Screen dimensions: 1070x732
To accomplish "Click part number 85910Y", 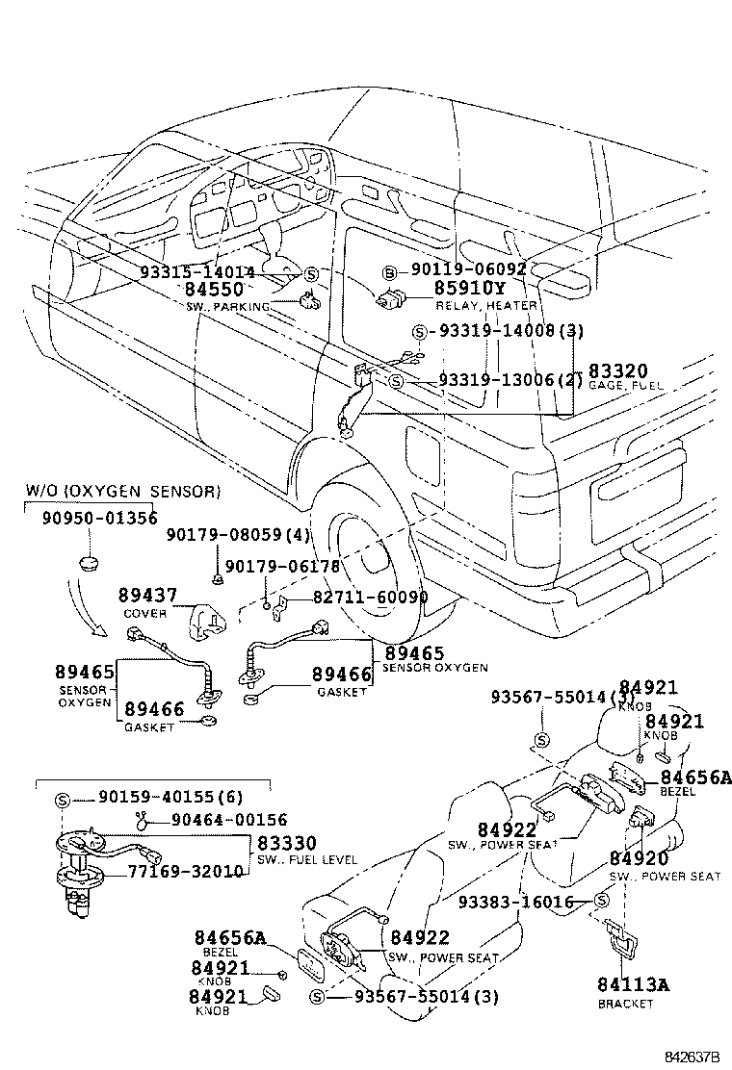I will pos(469,288).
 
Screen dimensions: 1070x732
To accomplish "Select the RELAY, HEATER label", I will pos(485,305).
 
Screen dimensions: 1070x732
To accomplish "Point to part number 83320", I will pos(617,369).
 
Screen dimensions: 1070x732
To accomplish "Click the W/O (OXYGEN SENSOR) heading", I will pos(122,492).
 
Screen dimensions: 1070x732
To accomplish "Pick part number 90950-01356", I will pos(99,518).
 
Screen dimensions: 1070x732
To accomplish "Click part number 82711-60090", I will pos(370,598).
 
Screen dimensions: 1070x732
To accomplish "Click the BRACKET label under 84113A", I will pos(625,1004).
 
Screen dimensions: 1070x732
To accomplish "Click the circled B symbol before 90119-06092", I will pos(391,271).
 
